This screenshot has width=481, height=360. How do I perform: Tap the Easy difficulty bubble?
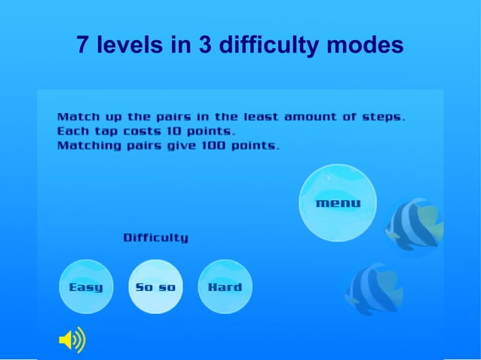[86, 287]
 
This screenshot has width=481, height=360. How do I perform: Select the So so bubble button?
[155, 287]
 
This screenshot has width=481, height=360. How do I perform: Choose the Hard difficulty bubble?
[225, 287]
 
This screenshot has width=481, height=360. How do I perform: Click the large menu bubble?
[338, 203]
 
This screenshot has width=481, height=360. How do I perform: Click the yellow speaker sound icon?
[72, 341]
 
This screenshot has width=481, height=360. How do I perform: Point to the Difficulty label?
[156, 238]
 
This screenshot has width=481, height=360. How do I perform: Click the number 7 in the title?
[84, 46]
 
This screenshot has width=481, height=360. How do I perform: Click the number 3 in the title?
[204, 46]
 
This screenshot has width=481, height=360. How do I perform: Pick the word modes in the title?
[365, 46]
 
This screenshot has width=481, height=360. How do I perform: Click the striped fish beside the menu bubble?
[414, 227]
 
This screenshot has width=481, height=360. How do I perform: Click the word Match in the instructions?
[75, 117]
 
